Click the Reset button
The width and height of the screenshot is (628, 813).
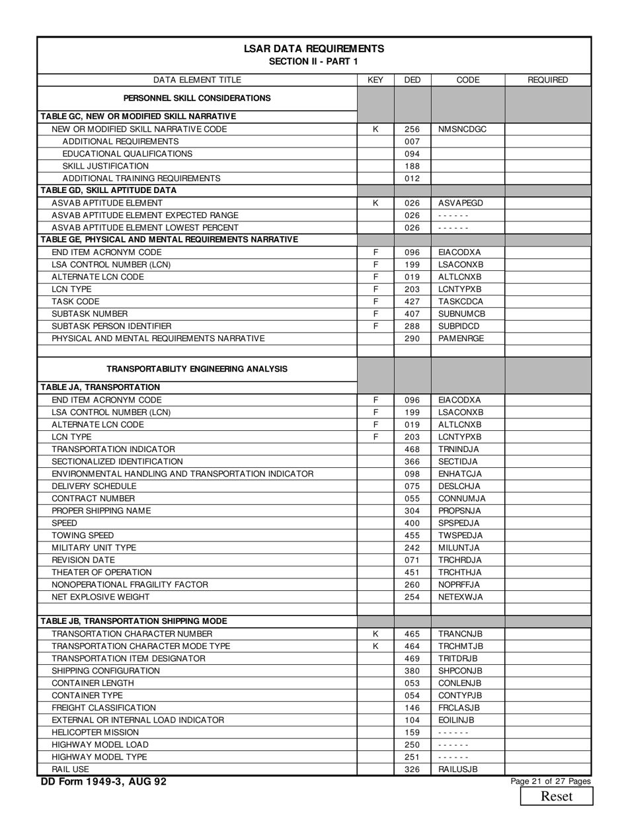tap(556, 796)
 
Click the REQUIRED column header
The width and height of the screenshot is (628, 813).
tap(547, 80)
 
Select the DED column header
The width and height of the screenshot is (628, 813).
tap(412, 80)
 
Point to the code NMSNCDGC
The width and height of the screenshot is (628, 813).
tap(462, 130)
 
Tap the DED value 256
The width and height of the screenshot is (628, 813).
tap(412, 130)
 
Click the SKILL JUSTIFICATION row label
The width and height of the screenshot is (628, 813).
tap(106, 166)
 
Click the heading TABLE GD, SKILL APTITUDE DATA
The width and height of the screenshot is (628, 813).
tap(109, 190)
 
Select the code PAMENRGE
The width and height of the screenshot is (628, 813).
tap(461, 338)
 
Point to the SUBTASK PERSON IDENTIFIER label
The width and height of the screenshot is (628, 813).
tap(112, 326)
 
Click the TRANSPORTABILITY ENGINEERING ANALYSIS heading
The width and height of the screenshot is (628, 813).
tap(197, 369)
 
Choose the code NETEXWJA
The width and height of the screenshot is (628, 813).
tap(461, 597)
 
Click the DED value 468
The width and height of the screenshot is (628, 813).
tap(412, 449)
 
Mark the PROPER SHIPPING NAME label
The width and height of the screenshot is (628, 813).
tap(101, 511)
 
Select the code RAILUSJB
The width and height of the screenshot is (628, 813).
tap(458, 769)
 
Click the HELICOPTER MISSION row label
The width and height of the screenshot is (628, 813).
tap(95, 732)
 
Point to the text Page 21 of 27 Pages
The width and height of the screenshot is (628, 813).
tap(551, 781)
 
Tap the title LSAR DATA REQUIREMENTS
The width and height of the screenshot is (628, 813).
tap(314, 49)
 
